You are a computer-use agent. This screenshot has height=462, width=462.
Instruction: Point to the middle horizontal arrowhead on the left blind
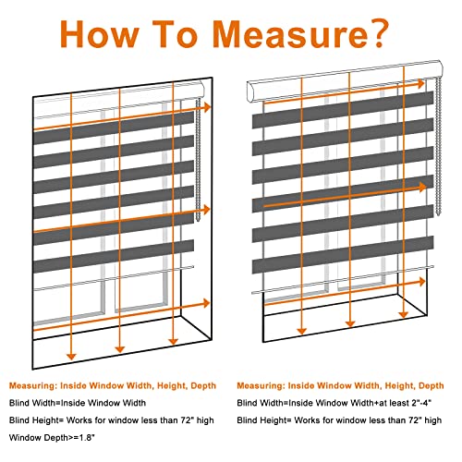[206, 210]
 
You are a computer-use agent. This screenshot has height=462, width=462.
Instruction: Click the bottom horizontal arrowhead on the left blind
[206, 303]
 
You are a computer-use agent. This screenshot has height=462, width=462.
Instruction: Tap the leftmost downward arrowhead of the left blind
[71, 357]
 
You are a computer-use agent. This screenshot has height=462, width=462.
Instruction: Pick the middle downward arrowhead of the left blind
[119, 349]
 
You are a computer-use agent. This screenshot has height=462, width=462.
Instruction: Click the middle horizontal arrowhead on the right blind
[422, 187]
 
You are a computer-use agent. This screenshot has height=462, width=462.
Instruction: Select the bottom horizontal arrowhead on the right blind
[421, 282]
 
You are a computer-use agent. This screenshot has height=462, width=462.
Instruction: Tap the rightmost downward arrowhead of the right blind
[403, 315]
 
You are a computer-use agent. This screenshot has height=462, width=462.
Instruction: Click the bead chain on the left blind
[198, 160]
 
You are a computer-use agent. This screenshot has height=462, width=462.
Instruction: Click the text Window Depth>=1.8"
[52, 438]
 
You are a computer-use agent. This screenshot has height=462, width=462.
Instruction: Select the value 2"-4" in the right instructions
[421, 403]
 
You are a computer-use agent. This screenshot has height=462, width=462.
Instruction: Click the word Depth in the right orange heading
[432, 386]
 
